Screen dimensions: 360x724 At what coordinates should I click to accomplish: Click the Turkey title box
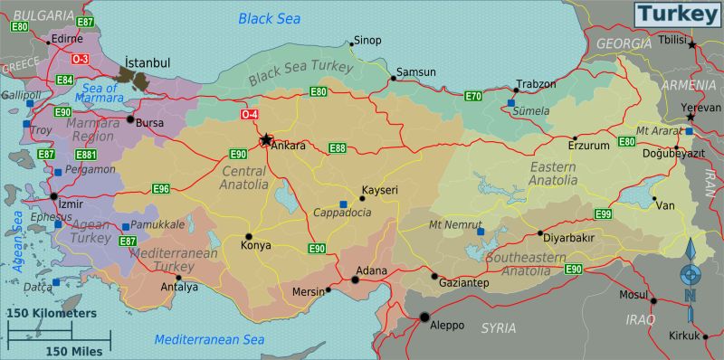click(x=676, y=14)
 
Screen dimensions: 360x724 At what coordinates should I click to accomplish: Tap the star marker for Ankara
click(x=267, y=139)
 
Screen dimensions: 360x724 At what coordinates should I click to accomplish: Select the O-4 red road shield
click(x=250, y=115)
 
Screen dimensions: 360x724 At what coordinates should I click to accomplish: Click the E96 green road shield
click(x=161, y=189)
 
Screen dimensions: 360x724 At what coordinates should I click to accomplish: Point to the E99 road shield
click(x=605, y=213)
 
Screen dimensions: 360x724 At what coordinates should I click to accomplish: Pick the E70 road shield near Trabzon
click(x=473, y=96)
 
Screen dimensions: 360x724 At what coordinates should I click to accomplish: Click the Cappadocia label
click(x=342, y=213)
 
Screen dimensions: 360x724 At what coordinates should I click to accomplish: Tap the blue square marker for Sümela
click(x=511, y=104)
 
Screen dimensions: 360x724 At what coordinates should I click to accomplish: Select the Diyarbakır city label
click(x=570, y=238)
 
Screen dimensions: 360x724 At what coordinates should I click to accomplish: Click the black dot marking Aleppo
click(x=424, y=317)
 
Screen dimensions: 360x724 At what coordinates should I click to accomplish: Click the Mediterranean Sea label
click(x=209, y=340)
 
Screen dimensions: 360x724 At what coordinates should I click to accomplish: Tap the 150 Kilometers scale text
click(x=51, y=313)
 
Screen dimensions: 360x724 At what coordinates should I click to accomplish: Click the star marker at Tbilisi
click(x=692, y=43)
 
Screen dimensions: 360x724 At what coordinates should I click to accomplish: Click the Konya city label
click(x=255, y=245)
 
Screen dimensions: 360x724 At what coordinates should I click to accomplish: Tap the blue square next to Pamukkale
click(x=125, y=226)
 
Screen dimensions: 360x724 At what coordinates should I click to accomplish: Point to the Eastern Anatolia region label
click(x=553, y=174)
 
